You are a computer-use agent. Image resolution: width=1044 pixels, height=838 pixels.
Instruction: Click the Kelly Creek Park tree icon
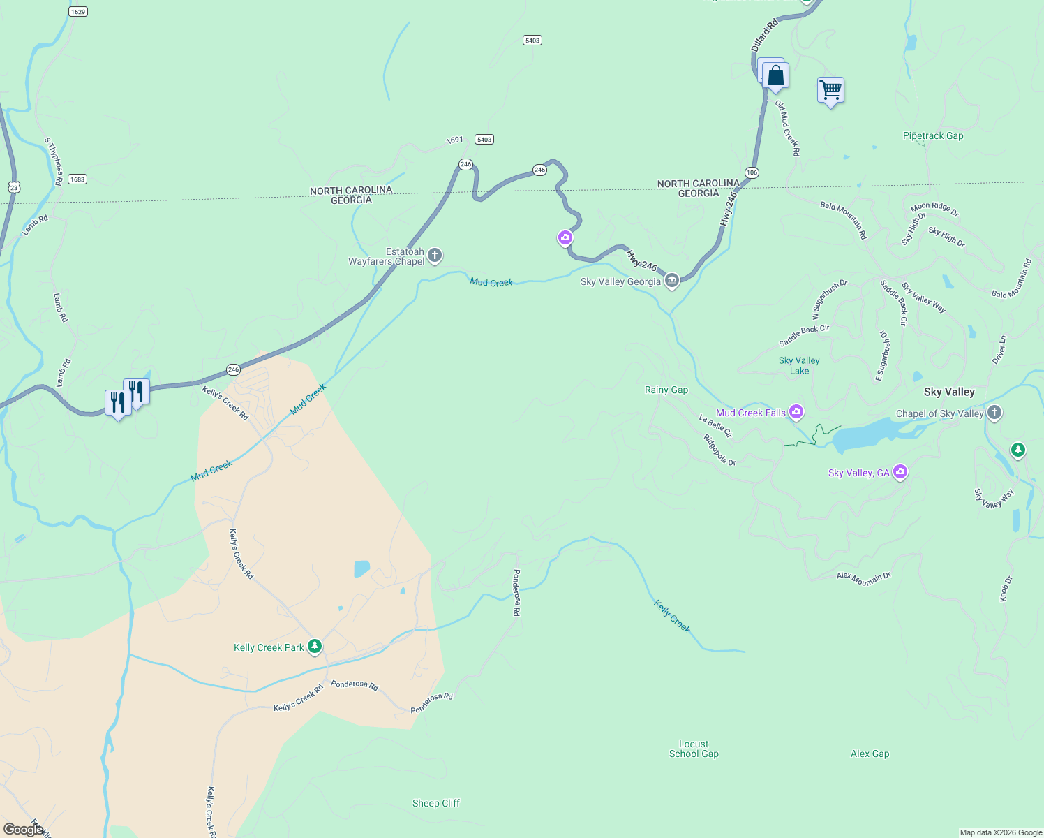[315, 647]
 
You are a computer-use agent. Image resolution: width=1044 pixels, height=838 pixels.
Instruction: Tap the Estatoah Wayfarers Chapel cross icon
[434, 256]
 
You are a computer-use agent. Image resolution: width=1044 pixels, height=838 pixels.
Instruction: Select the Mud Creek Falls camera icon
[796, 412]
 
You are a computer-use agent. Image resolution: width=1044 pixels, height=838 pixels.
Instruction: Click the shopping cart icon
[830, 90]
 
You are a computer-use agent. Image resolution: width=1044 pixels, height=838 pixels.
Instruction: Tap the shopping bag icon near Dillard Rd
[775, 75]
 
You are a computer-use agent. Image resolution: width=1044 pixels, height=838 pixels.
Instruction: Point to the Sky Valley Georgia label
[620, 281]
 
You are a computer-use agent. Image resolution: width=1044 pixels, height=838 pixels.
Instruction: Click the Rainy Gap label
[666, 390]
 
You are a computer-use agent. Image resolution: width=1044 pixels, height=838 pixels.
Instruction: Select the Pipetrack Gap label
[932, 135]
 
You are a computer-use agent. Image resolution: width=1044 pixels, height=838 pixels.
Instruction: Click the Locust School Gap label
[693, 749]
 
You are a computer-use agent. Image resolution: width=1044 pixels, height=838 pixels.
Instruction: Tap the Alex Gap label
[870, 754]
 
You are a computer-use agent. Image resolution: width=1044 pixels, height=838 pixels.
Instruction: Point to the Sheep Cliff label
[435, 803]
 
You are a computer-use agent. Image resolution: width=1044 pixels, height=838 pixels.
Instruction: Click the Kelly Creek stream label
[672, 617]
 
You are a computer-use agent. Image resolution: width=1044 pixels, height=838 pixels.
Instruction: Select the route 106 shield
[752, 172]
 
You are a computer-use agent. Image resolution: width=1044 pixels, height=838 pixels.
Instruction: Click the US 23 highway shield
[14, 187]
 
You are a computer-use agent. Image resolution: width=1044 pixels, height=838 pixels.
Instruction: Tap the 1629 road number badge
[78, 12]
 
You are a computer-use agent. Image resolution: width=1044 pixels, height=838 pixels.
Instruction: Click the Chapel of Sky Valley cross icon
[994, 413]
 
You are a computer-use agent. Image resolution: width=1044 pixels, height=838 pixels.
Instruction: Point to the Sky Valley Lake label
[799, 365]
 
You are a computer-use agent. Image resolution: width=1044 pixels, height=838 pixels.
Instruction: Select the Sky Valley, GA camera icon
[900, 473]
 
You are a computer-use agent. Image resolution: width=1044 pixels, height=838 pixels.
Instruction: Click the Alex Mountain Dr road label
[864, 578]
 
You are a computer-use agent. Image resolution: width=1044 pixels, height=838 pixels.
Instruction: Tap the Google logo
[23, 829]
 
